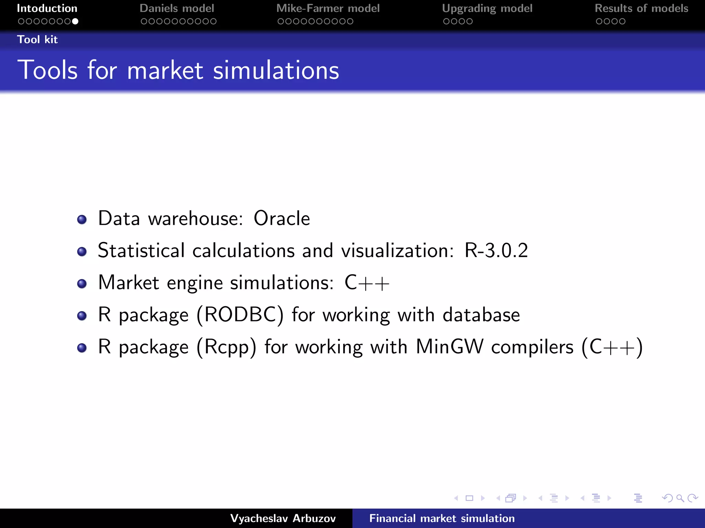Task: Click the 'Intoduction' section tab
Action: coord(47,8)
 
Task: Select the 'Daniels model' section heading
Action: coord(177,8)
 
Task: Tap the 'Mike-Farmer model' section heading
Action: coord(328,8)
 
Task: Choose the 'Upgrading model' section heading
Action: coord(487,8)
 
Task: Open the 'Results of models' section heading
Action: coord(641,8)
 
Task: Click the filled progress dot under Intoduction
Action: coord(75,21)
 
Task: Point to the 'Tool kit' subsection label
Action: coord(38,40)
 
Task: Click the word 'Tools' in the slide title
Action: coord(48,70)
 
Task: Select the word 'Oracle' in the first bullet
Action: coord(282,218)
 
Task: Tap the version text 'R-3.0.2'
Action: coord(496,250)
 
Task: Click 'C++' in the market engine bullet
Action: coord(367,283)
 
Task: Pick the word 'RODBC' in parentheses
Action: coord(240,315)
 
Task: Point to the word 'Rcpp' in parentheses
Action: coord(227,347)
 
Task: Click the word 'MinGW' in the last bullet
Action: coord(449,346)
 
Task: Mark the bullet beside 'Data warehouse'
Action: coord(82,219)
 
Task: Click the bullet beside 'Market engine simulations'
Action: coord(82,284)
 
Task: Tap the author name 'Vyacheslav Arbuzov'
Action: coord(283,518)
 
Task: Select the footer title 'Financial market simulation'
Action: coord(442,518)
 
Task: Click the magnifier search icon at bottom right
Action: coord(680,498)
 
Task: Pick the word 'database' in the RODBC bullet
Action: coord(481,315)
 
